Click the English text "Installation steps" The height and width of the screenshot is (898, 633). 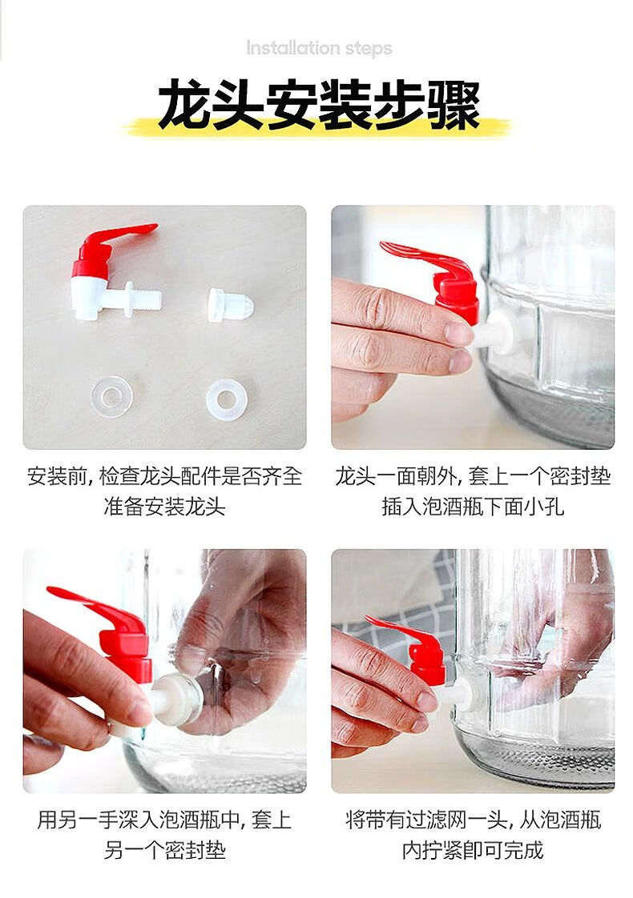(319, 48)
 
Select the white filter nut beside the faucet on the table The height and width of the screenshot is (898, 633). (228, 304)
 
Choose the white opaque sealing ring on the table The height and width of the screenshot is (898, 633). (227, 395)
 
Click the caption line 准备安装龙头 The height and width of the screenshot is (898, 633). (164, 507)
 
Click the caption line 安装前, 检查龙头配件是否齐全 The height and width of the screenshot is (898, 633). (164, 476)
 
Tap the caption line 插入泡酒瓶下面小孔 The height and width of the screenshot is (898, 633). (473, 507)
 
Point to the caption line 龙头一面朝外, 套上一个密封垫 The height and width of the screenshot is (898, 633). (473, 476)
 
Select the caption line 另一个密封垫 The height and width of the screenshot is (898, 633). (164, 850)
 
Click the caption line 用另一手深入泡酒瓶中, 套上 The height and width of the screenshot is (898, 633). (164, 820)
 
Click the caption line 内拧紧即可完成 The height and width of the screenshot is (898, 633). (473, 850)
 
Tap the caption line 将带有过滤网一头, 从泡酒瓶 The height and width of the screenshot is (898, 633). (473, 820)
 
